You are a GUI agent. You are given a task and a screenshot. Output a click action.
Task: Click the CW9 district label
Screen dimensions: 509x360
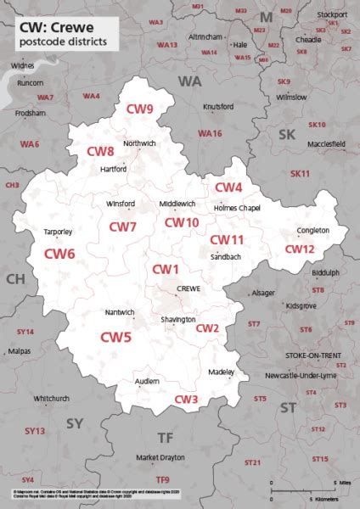(x=140, y=109)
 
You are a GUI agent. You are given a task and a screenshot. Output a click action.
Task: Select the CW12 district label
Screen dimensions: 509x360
(x=299, y=249)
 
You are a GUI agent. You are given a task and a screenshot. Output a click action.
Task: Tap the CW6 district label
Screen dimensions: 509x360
(x=59, y=253)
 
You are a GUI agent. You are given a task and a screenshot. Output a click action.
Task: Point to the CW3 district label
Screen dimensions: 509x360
(x=187, y=399)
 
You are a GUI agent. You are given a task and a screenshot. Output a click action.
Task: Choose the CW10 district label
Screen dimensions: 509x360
(x=181, y=222)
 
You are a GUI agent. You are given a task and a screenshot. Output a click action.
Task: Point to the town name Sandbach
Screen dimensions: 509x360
(x=226, y=256)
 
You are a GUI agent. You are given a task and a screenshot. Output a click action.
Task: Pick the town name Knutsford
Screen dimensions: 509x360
(x=218, y=106)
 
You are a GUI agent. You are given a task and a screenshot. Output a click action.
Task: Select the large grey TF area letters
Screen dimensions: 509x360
(x=165, y=437)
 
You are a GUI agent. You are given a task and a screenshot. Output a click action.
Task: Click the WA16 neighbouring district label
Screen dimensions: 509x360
(x=210, y=134)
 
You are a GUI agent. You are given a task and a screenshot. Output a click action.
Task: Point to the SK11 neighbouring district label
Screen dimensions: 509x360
(x=301, y=173)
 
